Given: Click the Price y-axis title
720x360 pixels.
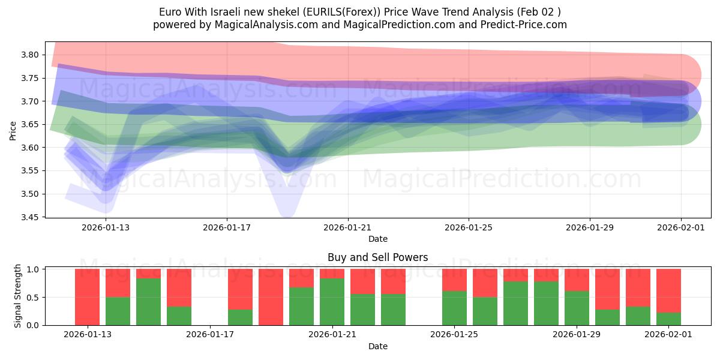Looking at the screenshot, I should [x=13, y=130].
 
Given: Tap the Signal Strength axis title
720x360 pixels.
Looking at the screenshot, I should [x=18, y=296].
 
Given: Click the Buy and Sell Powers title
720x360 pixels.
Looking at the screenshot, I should [x=377, y=257].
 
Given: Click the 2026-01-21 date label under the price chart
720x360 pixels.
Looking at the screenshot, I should [x=347, y=227].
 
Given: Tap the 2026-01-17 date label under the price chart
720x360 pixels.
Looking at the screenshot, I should [x=226, y=227].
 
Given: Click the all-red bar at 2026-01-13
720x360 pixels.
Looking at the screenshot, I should [x=87, y=297].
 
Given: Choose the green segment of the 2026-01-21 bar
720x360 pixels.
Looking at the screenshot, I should [x=332, y=302].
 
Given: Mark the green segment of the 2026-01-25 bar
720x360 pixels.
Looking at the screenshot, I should [x=454, y=308].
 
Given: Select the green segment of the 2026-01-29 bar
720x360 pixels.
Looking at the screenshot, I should [x=577, y=308].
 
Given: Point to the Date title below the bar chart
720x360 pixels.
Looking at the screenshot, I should [x=377, y=346].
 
